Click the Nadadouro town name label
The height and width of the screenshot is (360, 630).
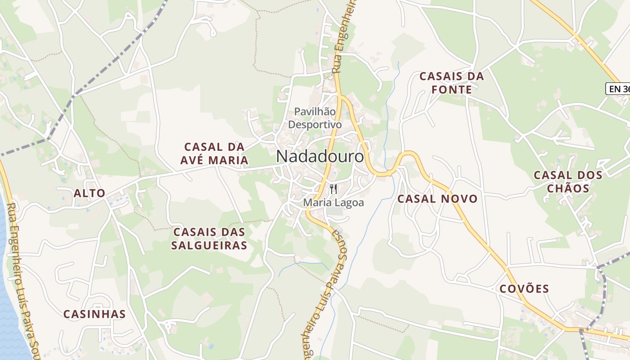(320, 157)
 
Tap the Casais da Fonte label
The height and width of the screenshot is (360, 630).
(451, 83)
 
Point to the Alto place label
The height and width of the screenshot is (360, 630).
(90, 193)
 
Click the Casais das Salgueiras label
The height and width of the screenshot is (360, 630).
(210, 238)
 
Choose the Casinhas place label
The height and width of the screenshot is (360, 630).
(94, 314)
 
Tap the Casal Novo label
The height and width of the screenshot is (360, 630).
(437, 198)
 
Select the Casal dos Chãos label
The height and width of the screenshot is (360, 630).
(568, 181)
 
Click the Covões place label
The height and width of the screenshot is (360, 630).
(524, 289)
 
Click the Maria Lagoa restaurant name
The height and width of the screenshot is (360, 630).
(333, 203)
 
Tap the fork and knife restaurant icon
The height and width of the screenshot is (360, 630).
(333, 189)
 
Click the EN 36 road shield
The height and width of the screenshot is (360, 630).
(619, 89)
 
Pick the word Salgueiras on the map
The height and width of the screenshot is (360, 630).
(210, 245)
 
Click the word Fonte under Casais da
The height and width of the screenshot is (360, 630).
(451, 90)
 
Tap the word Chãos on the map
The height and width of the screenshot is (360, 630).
(568, 188)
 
